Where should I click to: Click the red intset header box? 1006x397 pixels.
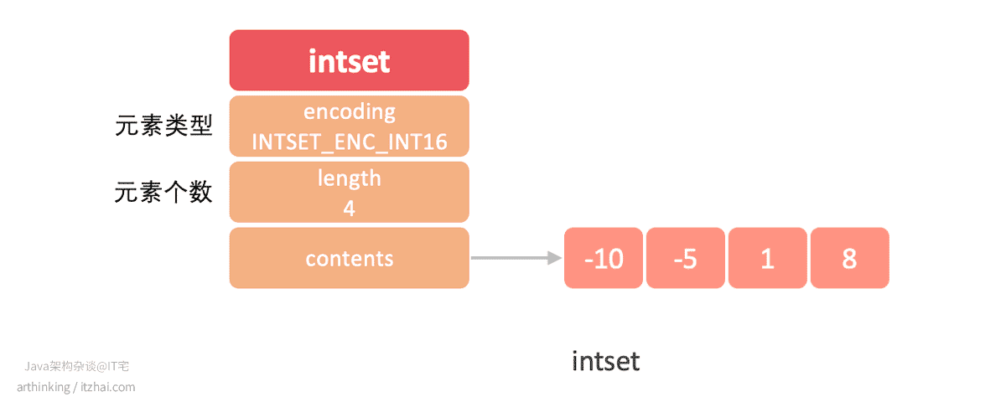click(349, 60)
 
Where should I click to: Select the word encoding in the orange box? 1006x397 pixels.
click(350, 112)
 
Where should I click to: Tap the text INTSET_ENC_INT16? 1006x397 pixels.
click(350, 142)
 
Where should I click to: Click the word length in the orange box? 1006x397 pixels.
click(350, 178)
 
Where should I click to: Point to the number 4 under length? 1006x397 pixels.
click(349, 209)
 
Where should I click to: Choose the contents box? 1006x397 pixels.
click(349, 258)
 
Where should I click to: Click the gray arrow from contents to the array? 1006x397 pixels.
click(516, 258)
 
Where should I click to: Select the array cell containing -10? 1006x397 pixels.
click(603, 258)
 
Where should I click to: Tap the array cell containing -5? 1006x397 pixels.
click(686, 258)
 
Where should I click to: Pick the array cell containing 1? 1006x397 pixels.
click(768, 258)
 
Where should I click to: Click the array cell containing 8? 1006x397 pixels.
click(850, 258)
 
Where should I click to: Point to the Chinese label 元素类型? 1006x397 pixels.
click(163, 125)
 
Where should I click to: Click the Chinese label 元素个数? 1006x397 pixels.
click(163, 192)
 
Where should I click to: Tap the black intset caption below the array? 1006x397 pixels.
click(605, 362)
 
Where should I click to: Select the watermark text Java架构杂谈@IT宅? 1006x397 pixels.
click(77, 367)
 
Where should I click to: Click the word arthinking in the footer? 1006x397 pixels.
click(44, 387)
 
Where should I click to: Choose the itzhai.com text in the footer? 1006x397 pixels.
click(108, 387)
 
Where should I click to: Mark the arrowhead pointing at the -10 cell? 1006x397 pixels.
click(555, 258)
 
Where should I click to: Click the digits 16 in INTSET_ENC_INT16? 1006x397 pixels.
click(435, 142)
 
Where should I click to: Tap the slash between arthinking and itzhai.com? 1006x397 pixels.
click(75, 387)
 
